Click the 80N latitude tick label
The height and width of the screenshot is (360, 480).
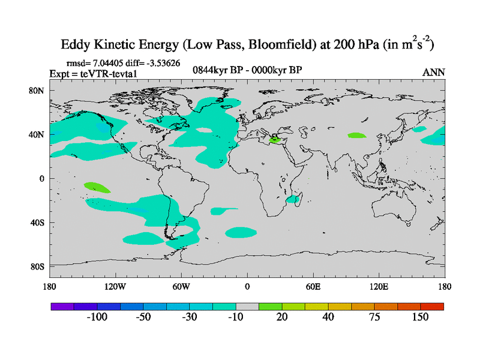pyautogui.click(x=37, y=91)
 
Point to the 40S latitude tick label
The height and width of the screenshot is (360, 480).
pyautogui.click(x=38, y=223)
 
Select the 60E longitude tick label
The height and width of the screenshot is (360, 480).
pyautogui.click(x=313, y=286)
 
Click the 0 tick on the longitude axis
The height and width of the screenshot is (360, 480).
pyautogui.click(x=247, y=286)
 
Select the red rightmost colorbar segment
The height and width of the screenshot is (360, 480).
pyautogui.click(x=432, y=306)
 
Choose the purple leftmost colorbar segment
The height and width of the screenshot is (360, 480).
pyautogui.click(x=62, y=306)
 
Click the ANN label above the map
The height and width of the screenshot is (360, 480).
pyautogui.click(x=434, y=72)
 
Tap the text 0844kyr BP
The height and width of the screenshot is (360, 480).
pyautogui.click(x=214, y=70)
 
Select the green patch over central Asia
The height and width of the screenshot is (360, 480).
pyautogui.click(x=356, y=136)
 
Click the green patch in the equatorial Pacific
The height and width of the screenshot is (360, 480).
pyautogui.click(x=97, y=187)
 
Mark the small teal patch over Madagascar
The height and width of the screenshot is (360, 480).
pyautogui.click(x=294, y=199)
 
